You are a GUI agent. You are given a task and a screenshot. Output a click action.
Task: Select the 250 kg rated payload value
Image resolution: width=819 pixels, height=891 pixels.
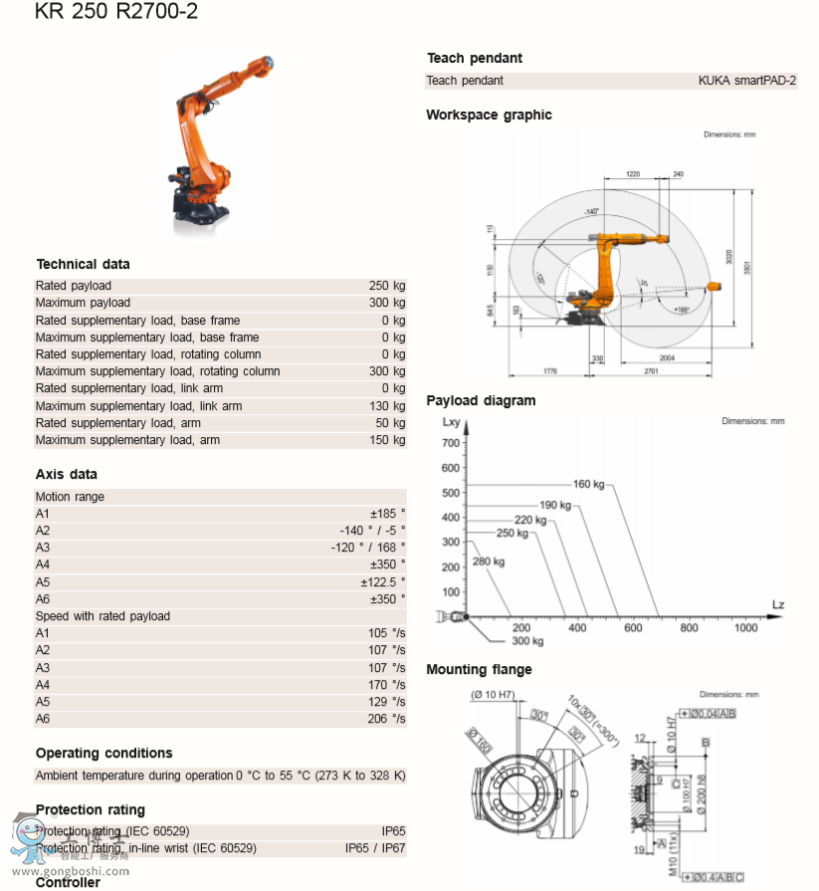tap(387, 286)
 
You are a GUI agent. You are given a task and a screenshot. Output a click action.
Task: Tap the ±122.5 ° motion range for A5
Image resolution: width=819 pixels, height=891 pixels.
tap(382, 582)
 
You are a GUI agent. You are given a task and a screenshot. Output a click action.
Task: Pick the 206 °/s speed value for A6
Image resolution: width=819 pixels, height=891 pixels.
tap(386, 719)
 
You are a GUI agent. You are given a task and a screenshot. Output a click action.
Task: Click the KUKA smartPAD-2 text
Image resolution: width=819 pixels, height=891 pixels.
tap(747, 81)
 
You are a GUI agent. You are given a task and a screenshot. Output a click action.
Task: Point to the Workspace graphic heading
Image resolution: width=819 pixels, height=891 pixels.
tap(489, 115)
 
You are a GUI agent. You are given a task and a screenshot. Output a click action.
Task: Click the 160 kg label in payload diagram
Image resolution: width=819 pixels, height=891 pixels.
tap(588, 485)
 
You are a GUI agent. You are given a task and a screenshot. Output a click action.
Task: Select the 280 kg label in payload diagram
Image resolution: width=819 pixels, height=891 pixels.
tap(488, 562)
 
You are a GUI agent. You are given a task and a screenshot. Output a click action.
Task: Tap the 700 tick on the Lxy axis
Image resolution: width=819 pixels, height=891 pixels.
tap(451, 443)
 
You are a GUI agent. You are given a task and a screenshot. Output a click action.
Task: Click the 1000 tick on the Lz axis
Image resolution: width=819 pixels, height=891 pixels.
tap(745, 628)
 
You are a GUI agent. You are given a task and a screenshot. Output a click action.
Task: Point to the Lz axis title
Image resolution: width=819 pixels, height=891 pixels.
tap(778, 605)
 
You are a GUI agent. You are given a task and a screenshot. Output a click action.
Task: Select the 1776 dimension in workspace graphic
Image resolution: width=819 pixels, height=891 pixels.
tap(550, 370)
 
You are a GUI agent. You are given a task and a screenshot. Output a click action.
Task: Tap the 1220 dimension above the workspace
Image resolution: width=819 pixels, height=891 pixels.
tap(633, 174)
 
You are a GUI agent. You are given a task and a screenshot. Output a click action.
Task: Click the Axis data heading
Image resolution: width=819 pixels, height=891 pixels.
tap(67, 475)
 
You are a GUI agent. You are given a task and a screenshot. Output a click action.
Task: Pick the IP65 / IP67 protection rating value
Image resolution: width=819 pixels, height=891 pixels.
tap(375, 848)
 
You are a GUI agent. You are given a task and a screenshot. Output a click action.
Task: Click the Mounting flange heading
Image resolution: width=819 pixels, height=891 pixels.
tap(479, 670)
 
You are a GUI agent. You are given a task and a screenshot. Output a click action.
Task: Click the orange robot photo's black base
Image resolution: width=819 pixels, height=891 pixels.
tap(201, 207)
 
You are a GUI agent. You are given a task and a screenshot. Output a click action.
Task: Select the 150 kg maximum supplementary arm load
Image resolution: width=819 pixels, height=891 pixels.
tap(387, 440)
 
